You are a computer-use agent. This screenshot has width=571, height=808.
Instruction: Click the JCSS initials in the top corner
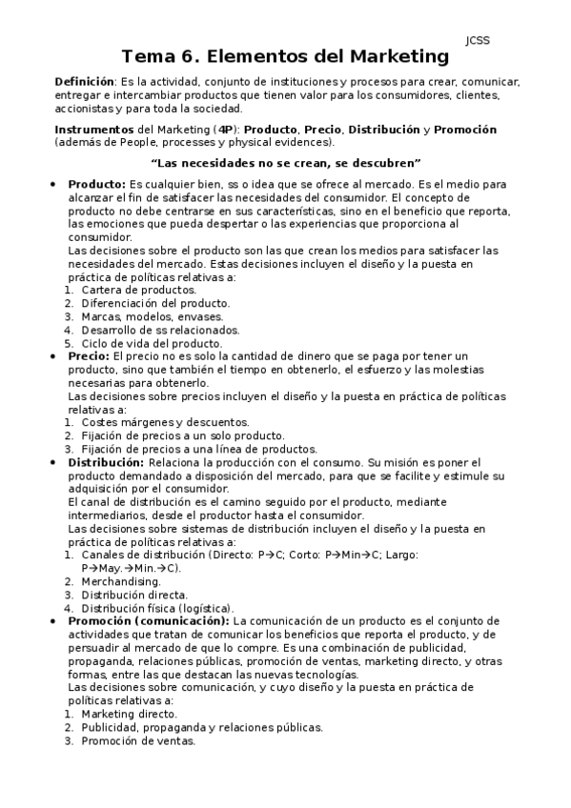(x=478, y=40)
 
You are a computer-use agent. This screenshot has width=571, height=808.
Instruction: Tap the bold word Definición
(x=85, y=83)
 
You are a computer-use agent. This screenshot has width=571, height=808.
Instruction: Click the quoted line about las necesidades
(x=285, y=162)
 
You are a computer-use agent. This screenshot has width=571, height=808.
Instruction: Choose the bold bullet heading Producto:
(x=96, y=184)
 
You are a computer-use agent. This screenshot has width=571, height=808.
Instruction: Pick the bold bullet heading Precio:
(x=89, y=355)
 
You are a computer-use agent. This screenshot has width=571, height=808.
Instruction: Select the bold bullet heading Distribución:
(x=106, y=461)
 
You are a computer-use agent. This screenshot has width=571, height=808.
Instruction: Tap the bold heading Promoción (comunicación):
(x=149, y=619)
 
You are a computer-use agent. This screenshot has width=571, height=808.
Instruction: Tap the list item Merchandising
(x=121, y=580)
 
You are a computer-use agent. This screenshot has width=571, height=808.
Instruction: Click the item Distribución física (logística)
(x=157, y=607)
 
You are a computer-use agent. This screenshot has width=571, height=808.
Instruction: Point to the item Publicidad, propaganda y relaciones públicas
(x=201, y=726)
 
